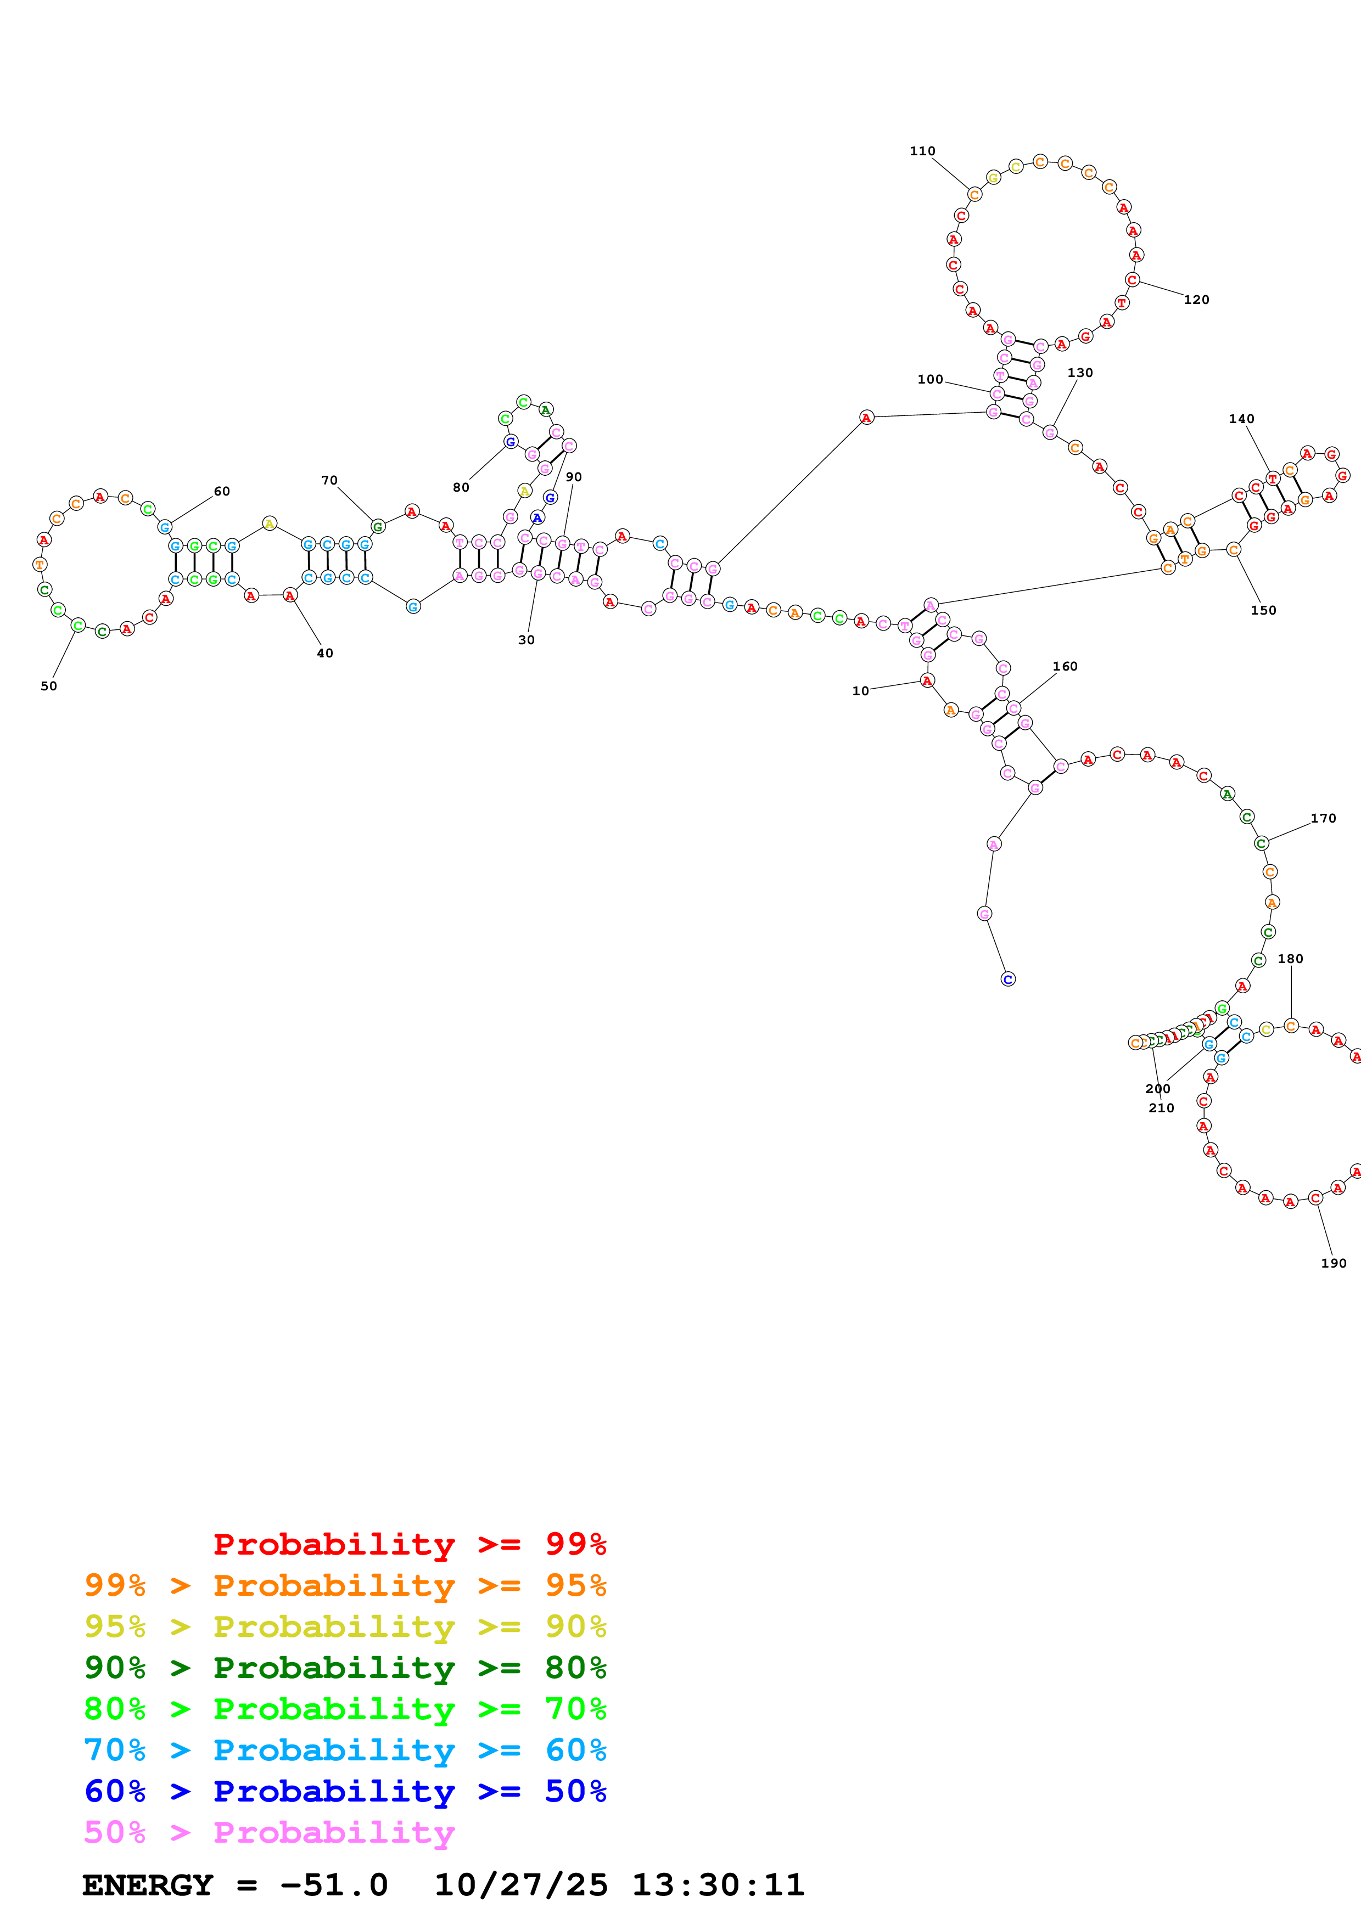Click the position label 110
point(922,151)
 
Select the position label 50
point(49,686)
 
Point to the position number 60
point(221,491)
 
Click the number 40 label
point(324,653)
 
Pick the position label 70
point(329,480)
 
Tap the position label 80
point(461,487)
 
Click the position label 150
point(1263,610)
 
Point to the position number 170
point(1323,818)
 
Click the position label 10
point(860,691)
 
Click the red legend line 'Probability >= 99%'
point(409,1544)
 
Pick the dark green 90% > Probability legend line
point(345,1668)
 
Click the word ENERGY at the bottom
point(148,1885)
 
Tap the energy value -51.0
point(334,1885)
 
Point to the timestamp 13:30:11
point(718,1885)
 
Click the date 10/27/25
point(521,1885)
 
